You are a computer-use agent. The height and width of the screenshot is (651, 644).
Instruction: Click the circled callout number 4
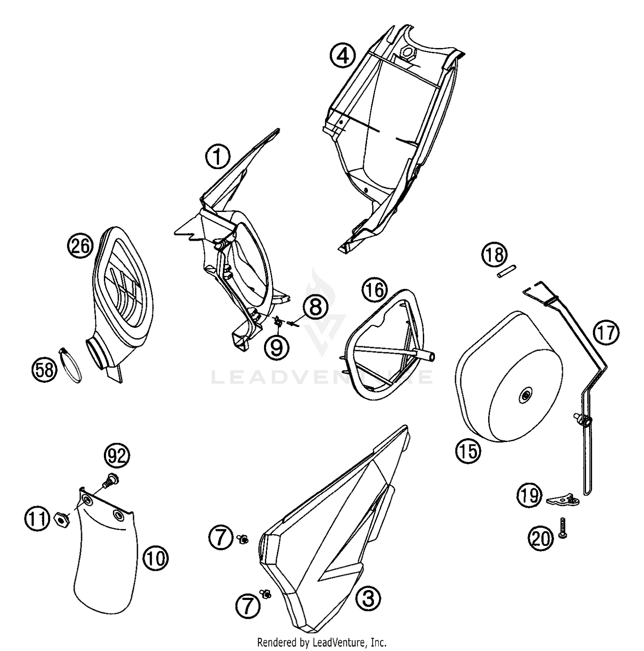(x=343, y=56)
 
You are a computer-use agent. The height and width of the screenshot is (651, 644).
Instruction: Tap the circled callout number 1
(x=218, y=156)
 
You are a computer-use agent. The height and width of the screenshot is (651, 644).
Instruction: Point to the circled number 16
(x=374, y=290)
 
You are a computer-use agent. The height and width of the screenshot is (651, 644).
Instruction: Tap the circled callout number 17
(x=607, y=333)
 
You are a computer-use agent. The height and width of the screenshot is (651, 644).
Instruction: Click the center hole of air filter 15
(x=525, y=397)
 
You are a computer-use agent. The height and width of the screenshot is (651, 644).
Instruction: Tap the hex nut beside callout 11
(x=61, y=519)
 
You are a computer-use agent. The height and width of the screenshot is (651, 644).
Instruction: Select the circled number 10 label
(x=156, y=558)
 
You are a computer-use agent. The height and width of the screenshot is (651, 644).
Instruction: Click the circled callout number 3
(x=368, y=598)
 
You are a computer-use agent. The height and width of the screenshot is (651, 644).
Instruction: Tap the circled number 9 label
(x=277, y=347)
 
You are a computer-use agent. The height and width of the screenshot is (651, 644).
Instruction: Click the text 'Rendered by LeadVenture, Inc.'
(x=322, y=642)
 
